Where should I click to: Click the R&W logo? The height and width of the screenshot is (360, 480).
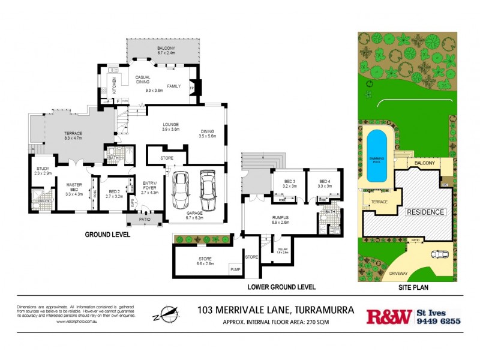point(389,316)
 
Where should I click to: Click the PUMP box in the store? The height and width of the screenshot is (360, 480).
point(235,271)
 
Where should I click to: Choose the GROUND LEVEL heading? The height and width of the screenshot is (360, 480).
point(107,235)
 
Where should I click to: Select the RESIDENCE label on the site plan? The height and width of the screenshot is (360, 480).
point(426,212)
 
